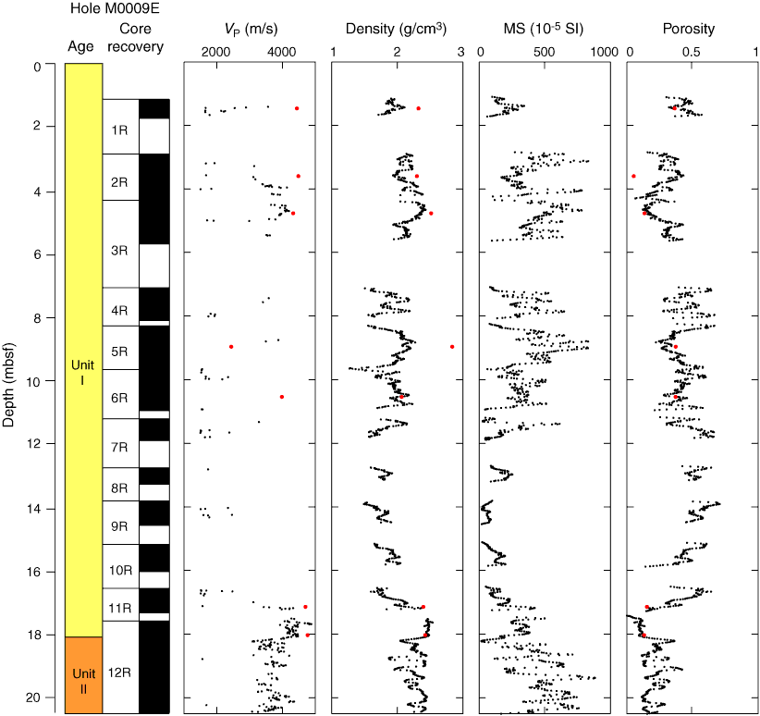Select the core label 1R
coord(120,130)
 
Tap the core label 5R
coord(120,352)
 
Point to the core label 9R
coord(120,526)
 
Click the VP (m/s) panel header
coord(249,29)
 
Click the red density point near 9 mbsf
coord(452,347)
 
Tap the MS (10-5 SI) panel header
coord(545,29)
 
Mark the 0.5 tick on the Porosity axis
coord(691,53)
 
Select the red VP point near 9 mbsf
coord(231,347)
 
